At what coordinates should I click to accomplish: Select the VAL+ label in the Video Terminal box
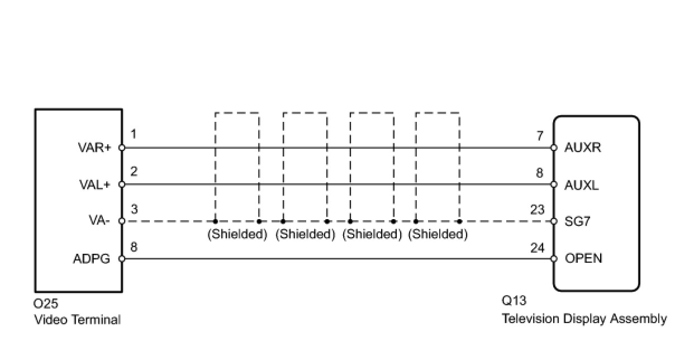[94, 185]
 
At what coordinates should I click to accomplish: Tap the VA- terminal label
[99, 221]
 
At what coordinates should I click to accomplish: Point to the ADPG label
[91, 259]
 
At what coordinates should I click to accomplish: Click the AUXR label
[582, 148]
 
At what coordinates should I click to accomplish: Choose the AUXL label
[582, 185]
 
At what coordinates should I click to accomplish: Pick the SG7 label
[578, 221]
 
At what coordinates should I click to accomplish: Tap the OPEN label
[583, 259]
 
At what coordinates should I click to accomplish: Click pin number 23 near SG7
[537, 210]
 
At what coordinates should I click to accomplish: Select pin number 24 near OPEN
[537, 247]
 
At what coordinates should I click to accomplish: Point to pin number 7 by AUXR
[539, 136]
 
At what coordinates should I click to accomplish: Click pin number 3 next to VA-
[134, 210]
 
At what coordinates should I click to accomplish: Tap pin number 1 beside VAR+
[134, 135]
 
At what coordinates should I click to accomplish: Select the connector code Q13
[514, 301]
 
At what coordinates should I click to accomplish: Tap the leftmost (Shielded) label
[237, 234]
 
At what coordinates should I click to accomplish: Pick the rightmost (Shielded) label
[438, 234]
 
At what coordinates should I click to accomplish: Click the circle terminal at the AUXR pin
[554, 148]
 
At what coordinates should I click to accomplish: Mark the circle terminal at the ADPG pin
[122, 259]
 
